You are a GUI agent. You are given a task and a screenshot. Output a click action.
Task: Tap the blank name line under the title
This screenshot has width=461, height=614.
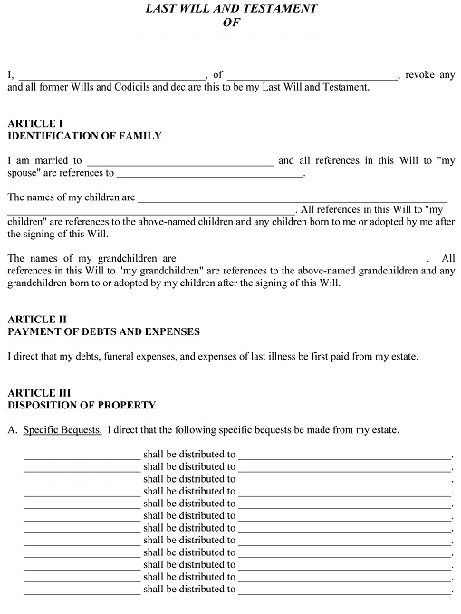230,41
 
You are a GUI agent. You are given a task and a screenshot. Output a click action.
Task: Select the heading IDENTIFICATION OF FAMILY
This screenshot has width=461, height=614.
84,136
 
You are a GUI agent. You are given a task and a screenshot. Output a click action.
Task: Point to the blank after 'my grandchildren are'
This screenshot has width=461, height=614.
303,259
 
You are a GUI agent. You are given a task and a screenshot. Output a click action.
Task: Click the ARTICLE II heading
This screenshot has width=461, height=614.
36,319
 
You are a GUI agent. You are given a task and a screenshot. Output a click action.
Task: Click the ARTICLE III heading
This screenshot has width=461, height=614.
38,392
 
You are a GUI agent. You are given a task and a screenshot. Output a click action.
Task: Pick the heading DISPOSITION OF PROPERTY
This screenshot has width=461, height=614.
82,405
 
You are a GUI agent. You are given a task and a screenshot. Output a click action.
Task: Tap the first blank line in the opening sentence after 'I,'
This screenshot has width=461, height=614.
112,76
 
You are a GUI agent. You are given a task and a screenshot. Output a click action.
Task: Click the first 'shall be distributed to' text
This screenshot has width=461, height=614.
189,455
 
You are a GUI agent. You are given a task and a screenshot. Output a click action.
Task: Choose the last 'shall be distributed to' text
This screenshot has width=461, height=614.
189,590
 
